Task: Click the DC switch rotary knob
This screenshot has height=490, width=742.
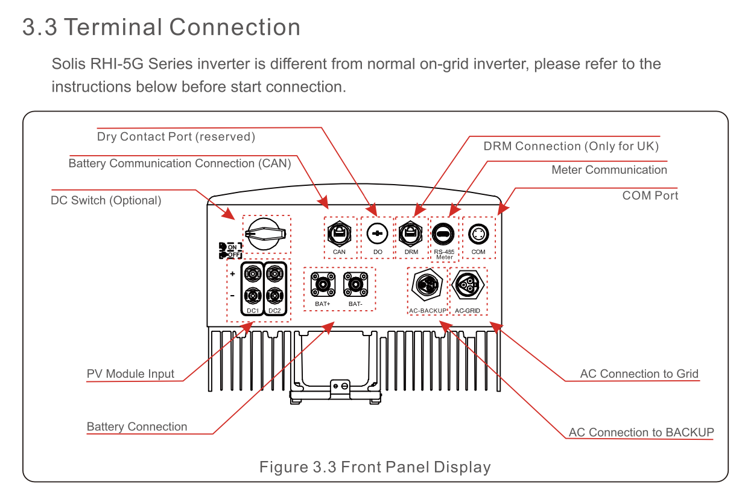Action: [266, 234]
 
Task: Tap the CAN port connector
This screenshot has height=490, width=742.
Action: [339, 232]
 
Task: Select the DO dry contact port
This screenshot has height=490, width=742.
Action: [377, 233]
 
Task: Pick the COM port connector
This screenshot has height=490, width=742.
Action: [478, 233]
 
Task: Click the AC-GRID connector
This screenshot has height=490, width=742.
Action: [468, 284]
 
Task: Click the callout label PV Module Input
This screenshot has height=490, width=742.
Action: [130, 374]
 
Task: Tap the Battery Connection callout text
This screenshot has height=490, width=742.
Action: [137, 427]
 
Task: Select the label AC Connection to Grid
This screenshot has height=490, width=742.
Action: [639, 374]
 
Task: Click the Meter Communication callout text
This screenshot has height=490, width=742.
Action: [609, 170]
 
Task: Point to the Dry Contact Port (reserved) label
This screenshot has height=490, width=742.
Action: [176, 137]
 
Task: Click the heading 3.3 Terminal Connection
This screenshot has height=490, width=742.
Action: [161, 28]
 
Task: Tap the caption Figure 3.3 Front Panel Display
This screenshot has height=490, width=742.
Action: [375, 467]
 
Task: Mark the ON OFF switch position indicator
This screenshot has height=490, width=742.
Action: [230, 250]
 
